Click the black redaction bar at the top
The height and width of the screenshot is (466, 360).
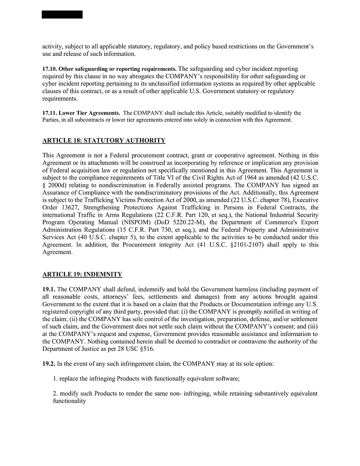(x=62, y=14)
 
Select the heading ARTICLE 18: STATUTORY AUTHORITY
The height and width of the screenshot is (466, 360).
(x=104, y=140)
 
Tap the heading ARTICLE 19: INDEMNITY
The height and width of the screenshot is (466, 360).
(x=82, y=274)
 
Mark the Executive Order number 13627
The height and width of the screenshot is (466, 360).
(x=70, y=207)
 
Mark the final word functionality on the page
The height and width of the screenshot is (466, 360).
(x=69, y=401)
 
